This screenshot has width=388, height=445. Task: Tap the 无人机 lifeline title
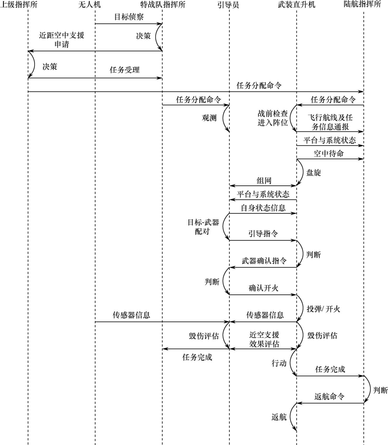89,4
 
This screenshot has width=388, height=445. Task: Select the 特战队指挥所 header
163,4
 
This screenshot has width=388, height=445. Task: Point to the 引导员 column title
228,5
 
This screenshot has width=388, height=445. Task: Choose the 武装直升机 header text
297,4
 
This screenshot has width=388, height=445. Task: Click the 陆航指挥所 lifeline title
362,4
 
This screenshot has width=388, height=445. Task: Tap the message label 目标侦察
129,17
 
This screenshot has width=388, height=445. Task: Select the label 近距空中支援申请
62,40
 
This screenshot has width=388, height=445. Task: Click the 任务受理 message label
125,70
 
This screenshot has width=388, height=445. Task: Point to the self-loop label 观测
209,118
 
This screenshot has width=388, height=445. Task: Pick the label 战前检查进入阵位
273,118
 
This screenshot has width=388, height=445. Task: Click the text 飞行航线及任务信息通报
330,122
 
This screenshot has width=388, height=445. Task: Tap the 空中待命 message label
329,153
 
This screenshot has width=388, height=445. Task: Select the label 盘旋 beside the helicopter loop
314,173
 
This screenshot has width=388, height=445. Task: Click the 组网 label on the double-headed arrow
264,181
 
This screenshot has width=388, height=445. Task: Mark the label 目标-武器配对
203,227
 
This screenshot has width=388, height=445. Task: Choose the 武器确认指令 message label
264,261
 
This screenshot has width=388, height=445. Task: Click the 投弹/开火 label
323,309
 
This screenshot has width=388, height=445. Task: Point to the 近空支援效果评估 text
264,339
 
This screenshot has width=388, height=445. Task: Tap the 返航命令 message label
329,396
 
